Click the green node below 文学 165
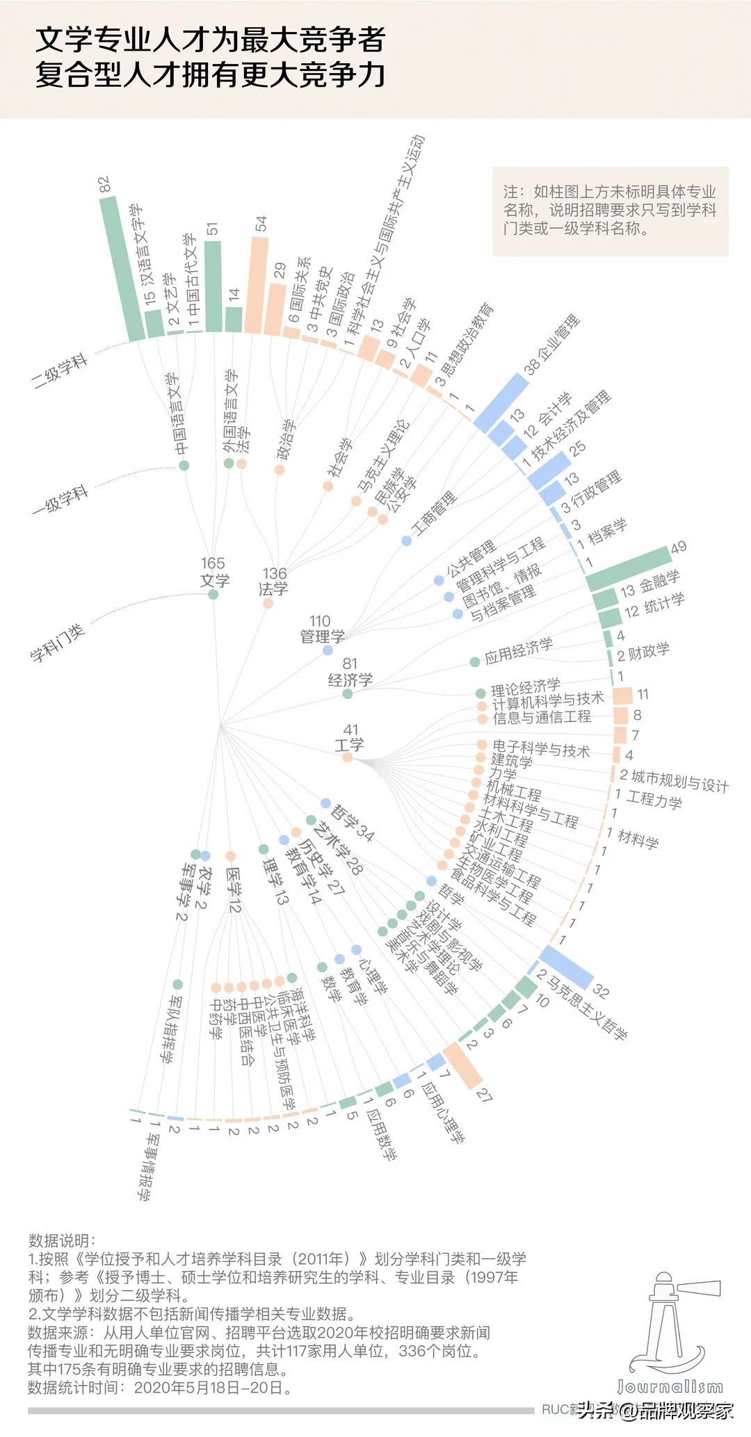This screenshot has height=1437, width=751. (x=213, y=595)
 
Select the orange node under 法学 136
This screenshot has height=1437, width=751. (x=268, y=604)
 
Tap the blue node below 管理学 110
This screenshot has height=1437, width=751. (x=328, y=650)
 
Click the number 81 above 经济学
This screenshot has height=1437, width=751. (x=350, y=664)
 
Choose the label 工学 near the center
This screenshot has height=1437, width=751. (x=349, y=745)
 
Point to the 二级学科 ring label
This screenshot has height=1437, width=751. (x=61, y=370)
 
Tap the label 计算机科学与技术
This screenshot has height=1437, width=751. (x=548, y=700)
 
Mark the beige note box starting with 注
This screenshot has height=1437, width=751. (x=610, y=211)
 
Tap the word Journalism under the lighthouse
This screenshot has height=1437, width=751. (x=670, y=1386)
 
